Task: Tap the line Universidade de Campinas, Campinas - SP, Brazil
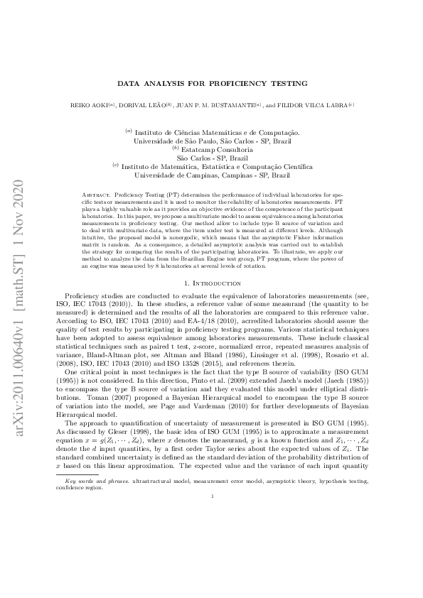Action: coord(211,174)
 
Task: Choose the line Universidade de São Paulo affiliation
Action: coord(211,141)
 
